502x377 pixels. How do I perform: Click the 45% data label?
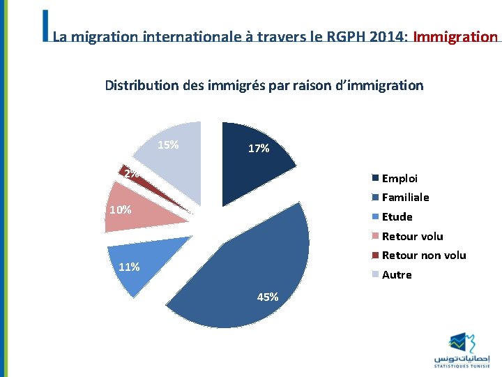point(268,297)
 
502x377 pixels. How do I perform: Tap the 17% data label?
point(259,148)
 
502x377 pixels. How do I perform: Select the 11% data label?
point(130,267)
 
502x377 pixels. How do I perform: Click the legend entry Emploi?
point(400,178)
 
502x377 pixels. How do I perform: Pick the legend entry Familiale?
point(405,198)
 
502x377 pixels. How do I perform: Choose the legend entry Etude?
point(397,217)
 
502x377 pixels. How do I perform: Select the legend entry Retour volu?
point(412,236)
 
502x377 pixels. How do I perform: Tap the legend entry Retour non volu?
point(423,256)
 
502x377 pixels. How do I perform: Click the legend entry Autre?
point(397,275)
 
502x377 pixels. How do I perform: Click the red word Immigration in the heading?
point(455,36)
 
